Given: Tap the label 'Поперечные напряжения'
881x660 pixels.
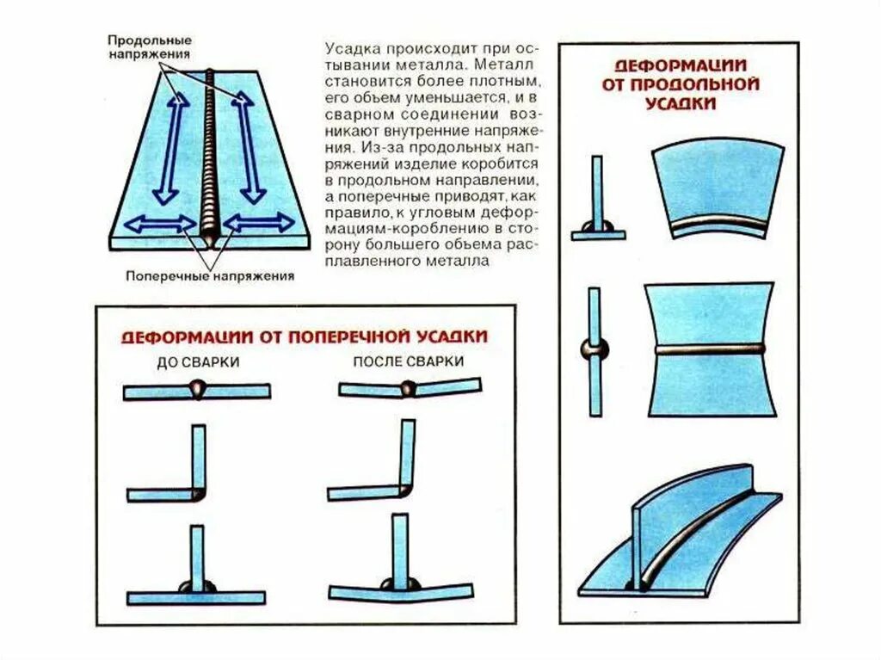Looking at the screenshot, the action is [x=210, y=276].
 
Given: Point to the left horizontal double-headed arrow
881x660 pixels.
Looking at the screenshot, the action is [x=160, y=224].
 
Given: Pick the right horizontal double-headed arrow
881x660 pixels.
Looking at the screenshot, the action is [x=258, y=223].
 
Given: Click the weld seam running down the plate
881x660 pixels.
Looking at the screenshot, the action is [x=210, y=155].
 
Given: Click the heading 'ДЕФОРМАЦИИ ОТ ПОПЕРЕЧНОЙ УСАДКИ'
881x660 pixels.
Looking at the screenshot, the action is [x=304, y=336].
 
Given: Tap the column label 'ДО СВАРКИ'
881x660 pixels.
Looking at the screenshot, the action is [x=198, y=362].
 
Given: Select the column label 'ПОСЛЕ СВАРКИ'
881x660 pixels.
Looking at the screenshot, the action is [x=408, y=361].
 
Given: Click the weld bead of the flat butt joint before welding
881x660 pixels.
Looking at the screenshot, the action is [x=198, y=389].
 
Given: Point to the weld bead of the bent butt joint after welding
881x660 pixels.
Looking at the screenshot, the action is [x=407, y=388].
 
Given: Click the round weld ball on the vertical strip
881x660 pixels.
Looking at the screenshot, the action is [x=594, y=350].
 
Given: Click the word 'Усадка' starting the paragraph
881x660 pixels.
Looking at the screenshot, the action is [x=348, y=48].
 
